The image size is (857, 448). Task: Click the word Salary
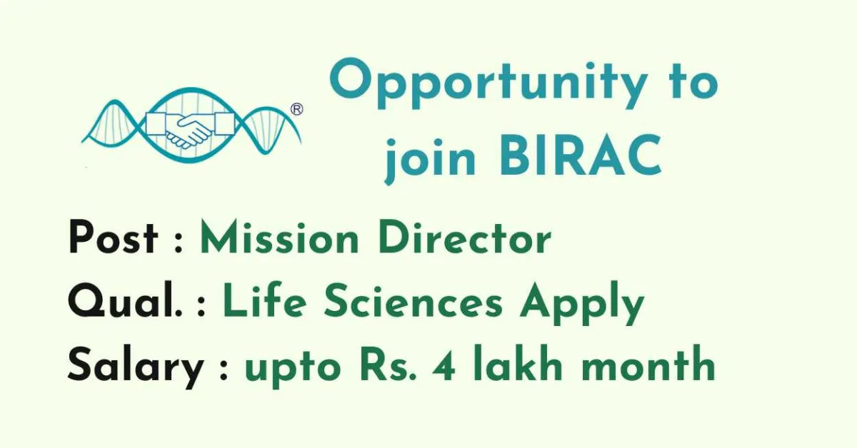136,367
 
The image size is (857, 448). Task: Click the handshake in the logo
190,129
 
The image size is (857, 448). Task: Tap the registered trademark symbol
297,109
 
